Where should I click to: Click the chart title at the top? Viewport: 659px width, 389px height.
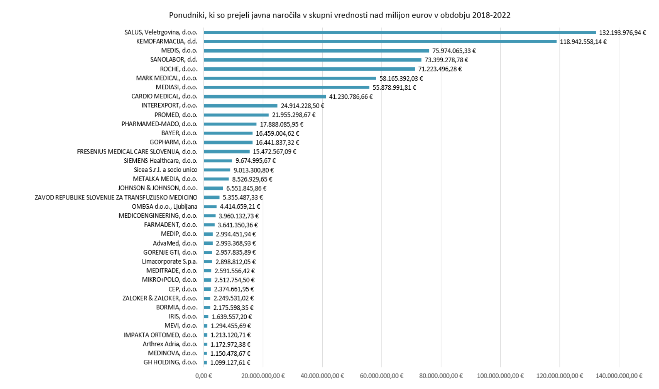tap(340, 15)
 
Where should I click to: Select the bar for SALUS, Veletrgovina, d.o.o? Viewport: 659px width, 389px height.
tap(400, 32)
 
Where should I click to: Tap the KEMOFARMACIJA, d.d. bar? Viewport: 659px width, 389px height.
tap(380, 41)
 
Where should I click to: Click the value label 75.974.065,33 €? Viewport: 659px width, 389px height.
tap(454, 51)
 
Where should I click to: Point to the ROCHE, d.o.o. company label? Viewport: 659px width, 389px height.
tap(179, 69)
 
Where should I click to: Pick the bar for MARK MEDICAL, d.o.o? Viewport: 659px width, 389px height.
tap(290, 78)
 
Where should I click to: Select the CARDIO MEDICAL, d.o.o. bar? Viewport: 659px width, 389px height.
tap(265, 97)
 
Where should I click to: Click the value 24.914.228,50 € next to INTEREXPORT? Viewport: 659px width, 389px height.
tap(302, 106)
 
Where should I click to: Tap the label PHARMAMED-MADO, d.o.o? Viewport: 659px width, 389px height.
tap(159, 124)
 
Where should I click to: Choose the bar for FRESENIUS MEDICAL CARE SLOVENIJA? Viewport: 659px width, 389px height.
tap(226, 151)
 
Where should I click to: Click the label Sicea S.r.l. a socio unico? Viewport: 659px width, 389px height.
tap(166, 170)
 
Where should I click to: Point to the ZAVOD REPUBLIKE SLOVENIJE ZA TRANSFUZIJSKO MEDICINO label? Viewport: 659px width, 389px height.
tap(116, 197)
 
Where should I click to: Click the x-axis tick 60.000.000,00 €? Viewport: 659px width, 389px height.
tap(381, 376)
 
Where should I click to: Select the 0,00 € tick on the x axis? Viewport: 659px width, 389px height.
tap(204, 376)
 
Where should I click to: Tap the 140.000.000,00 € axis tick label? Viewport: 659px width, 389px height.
tap(618, 376)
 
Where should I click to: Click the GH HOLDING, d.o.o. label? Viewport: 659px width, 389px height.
tap(170, 363)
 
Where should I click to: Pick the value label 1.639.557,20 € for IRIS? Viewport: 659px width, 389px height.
tap(231, 317)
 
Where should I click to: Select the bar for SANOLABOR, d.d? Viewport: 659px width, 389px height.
tap(312, 60)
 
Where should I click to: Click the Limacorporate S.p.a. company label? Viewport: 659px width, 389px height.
tap(170, 261)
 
